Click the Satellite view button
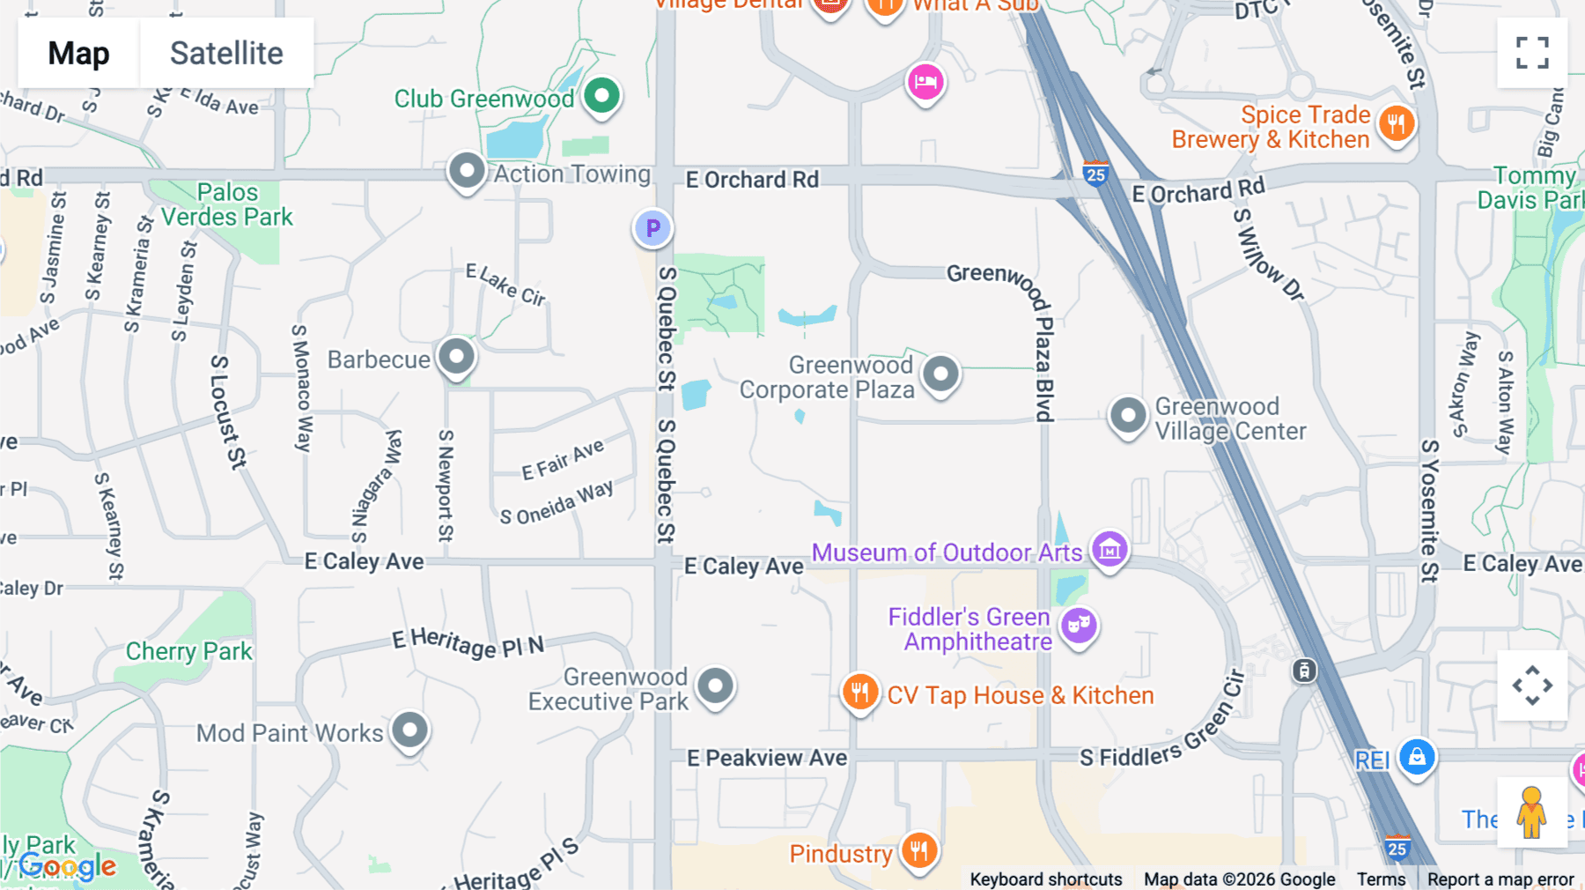226,53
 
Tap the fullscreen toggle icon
1532,53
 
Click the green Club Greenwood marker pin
602,95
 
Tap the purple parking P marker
652,228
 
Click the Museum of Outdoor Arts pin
1109,550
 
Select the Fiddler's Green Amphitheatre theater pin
1079,627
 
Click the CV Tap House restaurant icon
859,693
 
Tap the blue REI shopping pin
1417,757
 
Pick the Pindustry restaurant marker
919,851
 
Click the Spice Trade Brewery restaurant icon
1396,123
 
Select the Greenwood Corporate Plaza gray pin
940,374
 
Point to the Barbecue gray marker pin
456,357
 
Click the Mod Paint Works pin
409,730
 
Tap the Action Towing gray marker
467,170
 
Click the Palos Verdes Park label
227,204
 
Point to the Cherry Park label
188,651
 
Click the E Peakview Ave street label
767,758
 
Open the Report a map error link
1500,879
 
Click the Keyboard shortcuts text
1046,879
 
